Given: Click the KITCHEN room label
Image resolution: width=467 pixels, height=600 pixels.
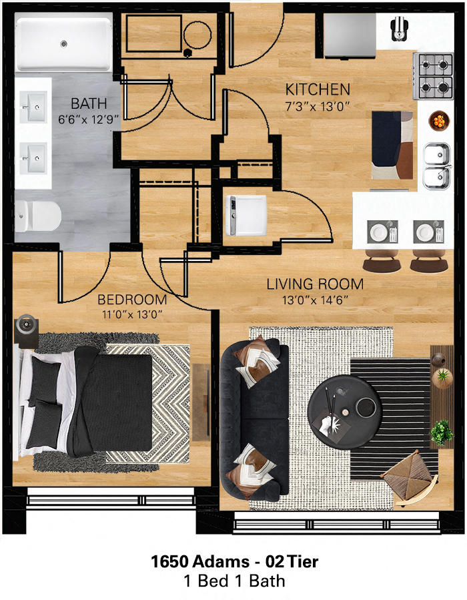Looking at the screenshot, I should [x=318, y=89].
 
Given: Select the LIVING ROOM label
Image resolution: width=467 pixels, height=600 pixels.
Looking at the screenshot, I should [x=315, y=284].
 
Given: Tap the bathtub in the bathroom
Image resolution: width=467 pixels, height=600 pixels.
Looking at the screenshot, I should [x=64, y=44].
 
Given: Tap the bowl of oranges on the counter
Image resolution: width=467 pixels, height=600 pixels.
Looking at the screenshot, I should [x=438, y=121].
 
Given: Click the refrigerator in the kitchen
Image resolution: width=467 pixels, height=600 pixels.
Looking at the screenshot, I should [x=350, y=35].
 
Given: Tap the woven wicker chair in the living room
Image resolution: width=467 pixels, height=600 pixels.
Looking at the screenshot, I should [x=409, y=475].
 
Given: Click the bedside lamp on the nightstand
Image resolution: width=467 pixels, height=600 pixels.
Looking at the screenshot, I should [x=26, y=325].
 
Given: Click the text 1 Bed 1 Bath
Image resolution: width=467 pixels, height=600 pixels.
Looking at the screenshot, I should [x=234, y=581].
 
